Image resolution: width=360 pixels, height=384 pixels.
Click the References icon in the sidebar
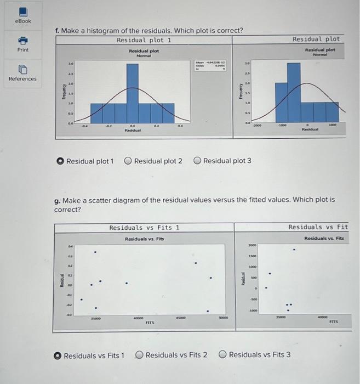pyautogui.click(x=22, y=69)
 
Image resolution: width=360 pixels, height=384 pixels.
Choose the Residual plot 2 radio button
pyautogui.click(x=128, y=161)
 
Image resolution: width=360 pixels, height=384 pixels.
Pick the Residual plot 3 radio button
pyautogui.click(x=196, y=161)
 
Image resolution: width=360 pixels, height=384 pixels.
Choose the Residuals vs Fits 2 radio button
pyautogui.click(x=139, y=355)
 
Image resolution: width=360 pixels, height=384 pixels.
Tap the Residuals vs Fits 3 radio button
pyautogui.click(x=222, y=355)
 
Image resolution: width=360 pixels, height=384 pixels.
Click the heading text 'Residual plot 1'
pyautogui.click(x=144, y=40)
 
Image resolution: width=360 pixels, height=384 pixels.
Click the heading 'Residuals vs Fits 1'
pyautogui.click(x=144, y=227)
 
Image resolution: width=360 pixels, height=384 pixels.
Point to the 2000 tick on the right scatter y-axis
pyautogui.click(x=253, y=246)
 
